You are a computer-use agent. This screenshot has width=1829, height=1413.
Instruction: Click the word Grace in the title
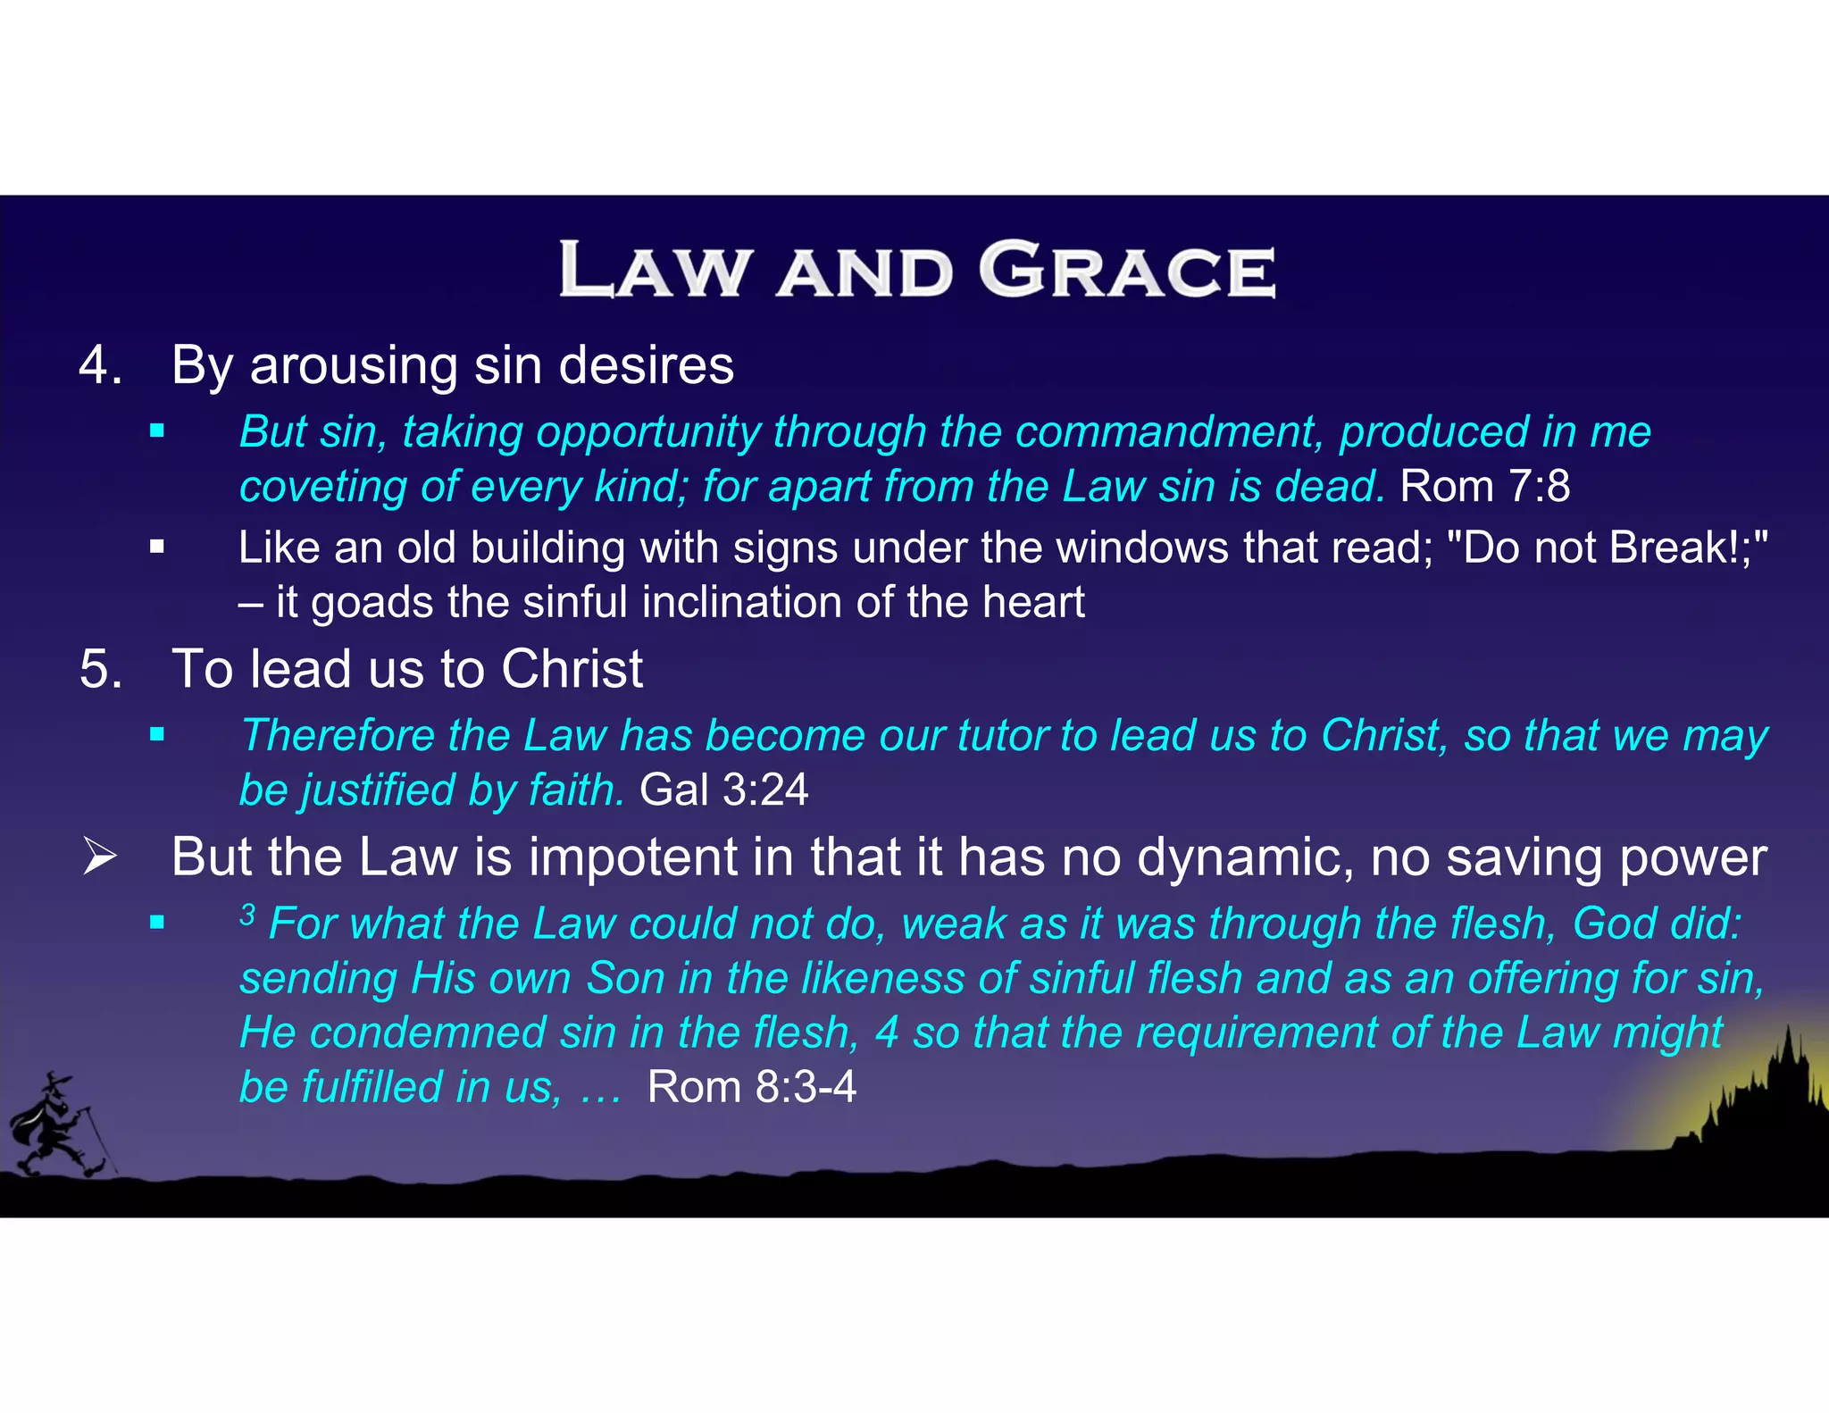[x=1127, y=270]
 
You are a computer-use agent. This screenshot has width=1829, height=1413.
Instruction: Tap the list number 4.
[x=100, y=365]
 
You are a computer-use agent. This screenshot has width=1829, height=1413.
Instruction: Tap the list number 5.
[x=100, y=669]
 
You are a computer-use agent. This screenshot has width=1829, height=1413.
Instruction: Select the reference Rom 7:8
[x=1484, y=487]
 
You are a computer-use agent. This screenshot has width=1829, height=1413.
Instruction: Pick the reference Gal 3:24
[x=723, y=790]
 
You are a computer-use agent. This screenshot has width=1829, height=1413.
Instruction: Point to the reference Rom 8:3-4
[x=751, y=1088]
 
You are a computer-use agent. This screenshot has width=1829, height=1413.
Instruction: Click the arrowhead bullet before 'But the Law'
[x=99, y=857]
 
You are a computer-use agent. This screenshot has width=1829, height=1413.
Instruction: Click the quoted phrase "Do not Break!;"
[x=1606, y=548]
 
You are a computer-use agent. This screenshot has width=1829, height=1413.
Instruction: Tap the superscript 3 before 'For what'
[x=247, y=915]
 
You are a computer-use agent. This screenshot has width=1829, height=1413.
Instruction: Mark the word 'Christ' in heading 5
[x=572, y=669]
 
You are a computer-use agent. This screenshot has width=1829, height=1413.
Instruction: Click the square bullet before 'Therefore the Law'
[x=157, y=736]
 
